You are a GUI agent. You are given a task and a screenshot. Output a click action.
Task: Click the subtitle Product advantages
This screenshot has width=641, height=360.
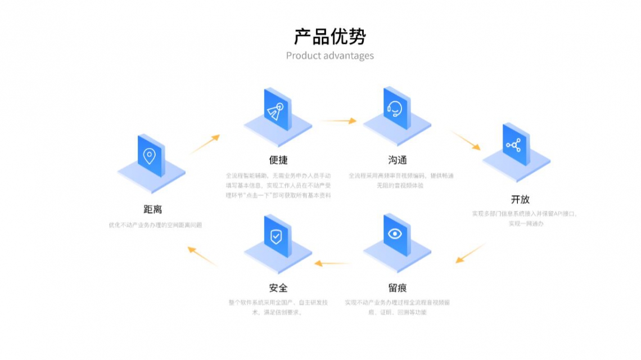[x=329, y=56]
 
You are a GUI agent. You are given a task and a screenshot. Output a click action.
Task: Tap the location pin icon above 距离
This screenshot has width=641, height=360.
[x=150, y=155]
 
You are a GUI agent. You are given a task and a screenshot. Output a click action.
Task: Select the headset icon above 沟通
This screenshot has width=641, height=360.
[x=395, y=109]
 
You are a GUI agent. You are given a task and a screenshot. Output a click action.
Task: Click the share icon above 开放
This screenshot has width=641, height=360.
[x=514, y=145]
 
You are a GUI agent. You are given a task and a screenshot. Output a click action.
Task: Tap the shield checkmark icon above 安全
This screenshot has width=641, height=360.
[x=276, y=236]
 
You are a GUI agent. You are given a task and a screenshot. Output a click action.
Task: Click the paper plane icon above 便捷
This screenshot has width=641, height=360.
[x=276, y=110]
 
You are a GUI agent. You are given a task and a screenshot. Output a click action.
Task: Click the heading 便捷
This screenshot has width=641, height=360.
[x=278, y=160]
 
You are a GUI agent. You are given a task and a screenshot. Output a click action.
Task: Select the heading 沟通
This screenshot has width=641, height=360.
[x=397, y=160]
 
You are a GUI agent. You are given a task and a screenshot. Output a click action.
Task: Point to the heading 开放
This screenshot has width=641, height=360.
[x=520, y=199]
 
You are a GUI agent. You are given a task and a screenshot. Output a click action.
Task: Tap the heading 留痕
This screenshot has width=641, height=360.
[x=397, y=288]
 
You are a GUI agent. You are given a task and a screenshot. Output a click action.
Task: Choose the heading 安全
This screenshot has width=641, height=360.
[x=278, y=288]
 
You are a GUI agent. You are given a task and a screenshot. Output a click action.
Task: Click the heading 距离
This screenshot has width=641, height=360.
[x=153, y=210]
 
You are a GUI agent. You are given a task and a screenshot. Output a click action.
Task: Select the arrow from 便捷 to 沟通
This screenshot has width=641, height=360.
[x=338, y=120]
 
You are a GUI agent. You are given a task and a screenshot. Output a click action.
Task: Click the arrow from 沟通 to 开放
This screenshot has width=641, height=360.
[x=466, y=141]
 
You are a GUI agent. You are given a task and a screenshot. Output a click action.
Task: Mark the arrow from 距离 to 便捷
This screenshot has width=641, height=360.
[x=205, y=144]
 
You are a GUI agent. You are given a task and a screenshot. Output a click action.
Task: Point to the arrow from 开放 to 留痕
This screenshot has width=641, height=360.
[x=470, y=253]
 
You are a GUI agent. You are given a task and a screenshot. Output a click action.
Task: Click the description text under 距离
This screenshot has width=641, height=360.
[x=155, y=225]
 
